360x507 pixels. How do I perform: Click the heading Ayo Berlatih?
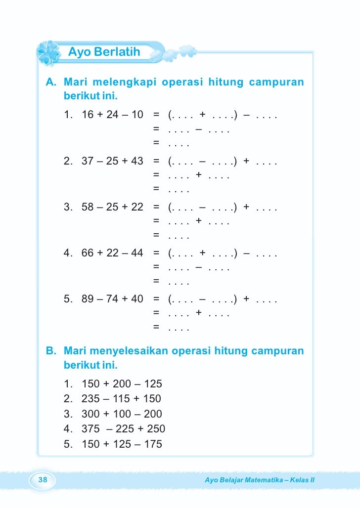104,52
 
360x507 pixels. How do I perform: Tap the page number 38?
43,480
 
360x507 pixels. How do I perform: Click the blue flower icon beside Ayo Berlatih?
48,53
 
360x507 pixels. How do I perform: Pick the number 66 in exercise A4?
88,253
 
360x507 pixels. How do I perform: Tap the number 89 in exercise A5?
88,299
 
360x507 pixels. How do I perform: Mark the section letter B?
50,351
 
